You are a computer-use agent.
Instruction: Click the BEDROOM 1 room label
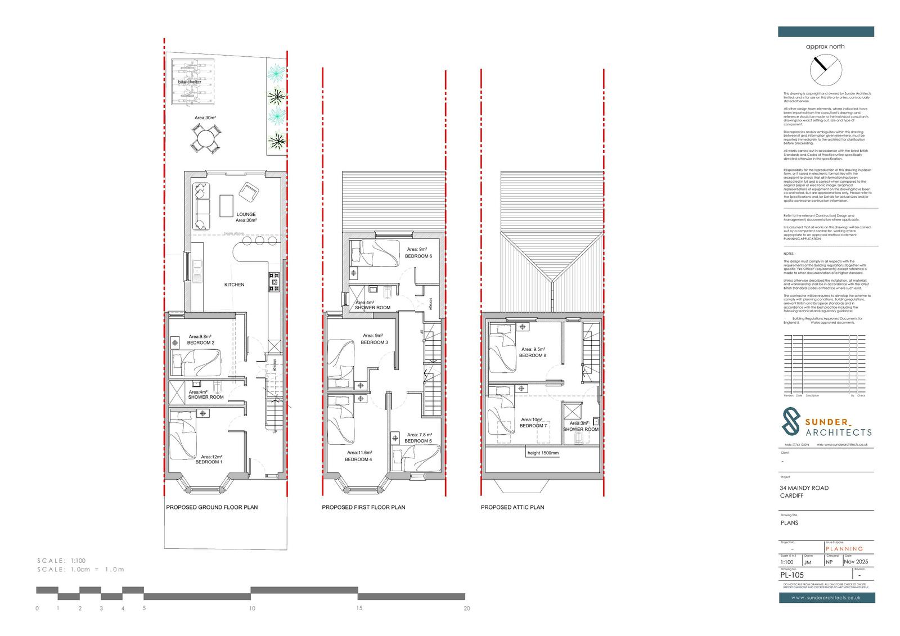click(x=209, y=462)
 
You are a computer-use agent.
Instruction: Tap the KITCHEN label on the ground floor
click(x=235, y=285)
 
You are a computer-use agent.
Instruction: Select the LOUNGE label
click(x=246, y=214)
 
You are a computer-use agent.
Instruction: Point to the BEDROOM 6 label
click(x=418, y=256)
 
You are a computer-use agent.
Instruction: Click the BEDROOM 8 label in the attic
click(x=532, y=355)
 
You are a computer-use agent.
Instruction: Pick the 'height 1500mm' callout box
click(x=543, y=453)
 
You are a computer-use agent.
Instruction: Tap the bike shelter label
click(x=190, y=82)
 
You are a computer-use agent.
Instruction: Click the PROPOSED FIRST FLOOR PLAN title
click(x=363, y=507)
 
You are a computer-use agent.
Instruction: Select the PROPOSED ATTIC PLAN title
click(x=512, y=507)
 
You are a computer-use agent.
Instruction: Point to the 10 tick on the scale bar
click(x=252, y=608)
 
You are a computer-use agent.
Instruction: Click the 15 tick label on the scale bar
click(x=359, y=608)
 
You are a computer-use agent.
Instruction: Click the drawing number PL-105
click(x=792, y=575)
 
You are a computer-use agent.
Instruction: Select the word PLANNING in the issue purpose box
click(x=844, y=549)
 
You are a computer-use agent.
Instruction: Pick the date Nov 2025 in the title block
click(x=856, y=562)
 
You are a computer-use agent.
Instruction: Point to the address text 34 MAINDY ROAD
click(x=804, y=488)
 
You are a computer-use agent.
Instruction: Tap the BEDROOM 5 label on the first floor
click(x=418, y=441)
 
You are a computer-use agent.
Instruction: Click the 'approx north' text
click(x=825, y=47)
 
